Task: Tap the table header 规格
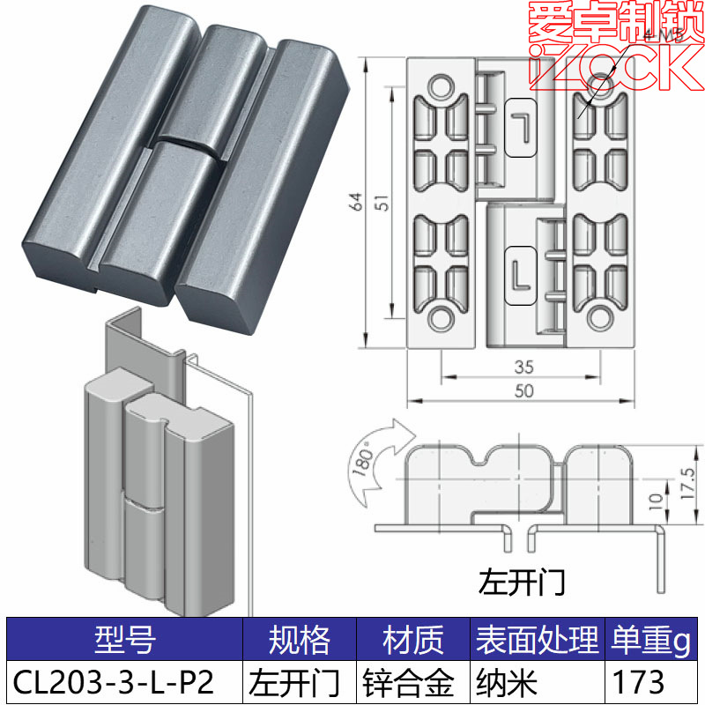300,640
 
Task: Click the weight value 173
634,681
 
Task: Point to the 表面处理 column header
536,640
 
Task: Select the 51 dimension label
380,203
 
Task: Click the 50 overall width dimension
523,392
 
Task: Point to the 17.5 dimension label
688,484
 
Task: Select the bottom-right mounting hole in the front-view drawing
599,315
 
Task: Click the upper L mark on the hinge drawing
522,126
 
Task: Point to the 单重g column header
649,640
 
